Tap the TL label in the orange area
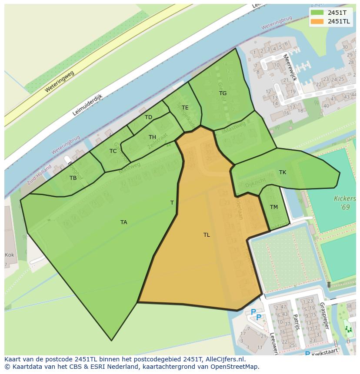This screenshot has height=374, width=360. pos(207,235)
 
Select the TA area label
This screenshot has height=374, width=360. pos(124,222)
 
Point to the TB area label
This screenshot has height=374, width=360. pos(73,178)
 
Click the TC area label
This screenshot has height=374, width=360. pos(113,151)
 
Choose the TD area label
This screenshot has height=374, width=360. pos(149,117)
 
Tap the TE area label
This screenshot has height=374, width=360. pos(185,108)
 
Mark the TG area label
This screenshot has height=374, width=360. pos(223,93)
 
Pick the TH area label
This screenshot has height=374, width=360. pos(152,137)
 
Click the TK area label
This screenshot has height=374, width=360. pos(283,172)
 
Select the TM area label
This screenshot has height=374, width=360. pos(274,207)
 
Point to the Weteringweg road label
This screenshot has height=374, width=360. pos(59,82)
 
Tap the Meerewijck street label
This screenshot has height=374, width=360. pos(289,67)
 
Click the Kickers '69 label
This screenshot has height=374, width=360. pos(345,203)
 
